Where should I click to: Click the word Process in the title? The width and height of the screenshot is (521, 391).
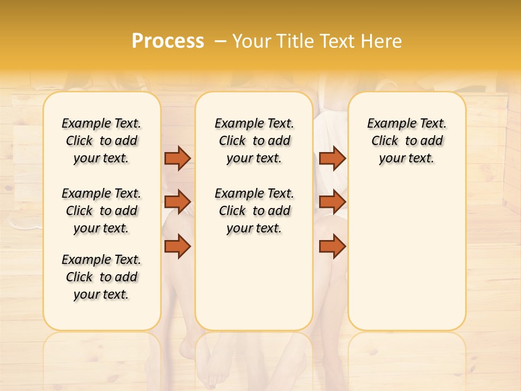(168, 41)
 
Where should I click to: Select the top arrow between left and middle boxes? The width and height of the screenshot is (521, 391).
(177, 158)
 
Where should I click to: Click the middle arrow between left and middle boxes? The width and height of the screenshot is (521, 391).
(177, 202)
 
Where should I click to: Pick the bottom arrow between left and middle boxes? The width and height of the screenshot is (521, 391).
(177, 246)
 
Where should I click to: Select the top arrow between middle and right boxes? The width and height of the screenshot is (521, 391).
(332, 158)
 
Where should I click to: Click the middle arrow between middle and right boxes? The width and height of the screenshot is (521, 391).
(332, 202)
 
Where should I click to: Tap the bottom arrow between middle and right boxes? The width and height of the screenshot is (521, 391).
(332, 246)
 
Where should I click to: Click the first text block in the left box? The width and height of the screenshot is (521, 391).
(101, 141)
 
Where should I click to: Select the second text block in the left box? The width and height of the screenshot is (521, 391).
(101, 211)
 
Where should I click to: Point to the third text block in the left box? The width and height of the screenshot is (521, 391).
(101, 277)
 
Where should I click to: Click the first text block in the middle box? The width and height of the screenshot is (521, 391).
(254, 141)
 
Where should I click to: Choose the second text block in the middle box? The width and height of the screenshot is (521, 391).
(254, 211)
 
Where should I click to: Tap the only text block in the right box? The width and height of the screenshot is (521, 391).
(406, 141)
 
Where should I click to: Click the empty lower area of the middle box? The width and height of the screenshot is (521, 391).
(254, 282)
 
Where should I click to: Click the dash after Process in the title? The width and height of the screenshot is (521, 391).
(220, 41)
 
